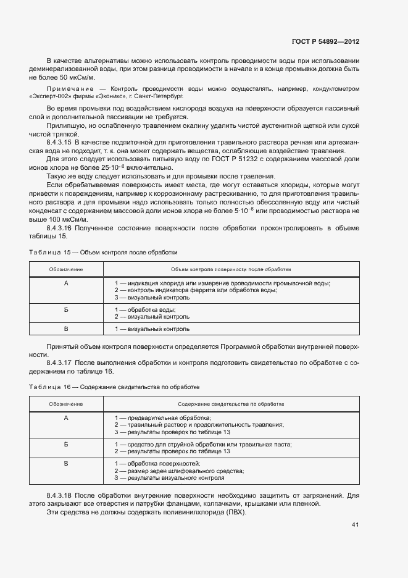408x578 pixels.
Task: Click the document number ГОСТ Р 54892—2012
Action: tap(325, 41)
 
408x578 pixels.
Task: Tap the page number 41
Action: tap(355, 525)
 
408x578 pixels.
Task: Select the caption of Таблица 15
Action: tap(103, 253)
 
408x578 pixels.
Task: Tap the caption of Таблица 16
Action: tap(114, 387)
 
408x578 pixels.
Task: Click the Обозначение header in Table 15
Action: tap(66, 270)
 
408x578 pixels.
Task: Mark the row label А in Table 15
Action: tap(66, 283)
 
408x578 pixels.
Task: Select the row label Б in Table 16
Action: tap(66, 444)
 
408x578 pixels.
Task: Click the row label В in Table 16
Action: tap(66, 463)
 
